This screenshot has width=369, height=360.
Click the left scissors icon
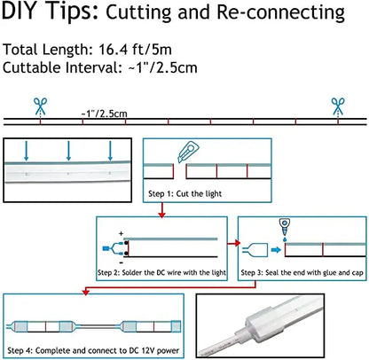point(40,106)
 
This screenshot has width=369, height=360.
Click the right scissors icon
point(338,106)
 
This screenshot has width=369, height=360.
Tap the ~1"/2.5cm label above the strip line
point(104,113)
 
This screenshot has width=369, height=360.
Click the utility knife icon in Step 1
point(188,152)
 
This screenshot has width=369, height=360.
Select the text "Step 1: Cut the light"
point(184,194)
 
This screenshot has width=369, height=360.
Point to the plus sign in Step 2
point(121,233)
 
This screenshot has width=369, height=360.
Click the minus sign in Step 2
point(122,262)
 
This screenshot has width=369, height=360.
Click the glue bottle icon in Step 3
point(285,230)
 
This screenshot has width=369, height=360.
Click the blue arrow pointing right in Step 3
point(276,250)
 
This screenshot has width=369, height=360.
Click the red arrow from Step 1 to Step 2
point(161,210)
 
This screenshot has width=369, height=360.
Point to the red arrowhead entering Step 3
point(238,243)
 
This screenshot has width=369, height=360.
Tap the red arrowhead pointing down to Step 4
point(86,292)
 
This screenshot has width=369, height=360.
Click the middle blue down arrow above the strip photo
point(68,151)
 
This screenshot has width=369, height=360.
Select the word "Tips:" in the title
point(73,12)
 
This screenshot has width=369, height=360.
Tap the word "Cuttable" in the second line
point(32,67)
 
